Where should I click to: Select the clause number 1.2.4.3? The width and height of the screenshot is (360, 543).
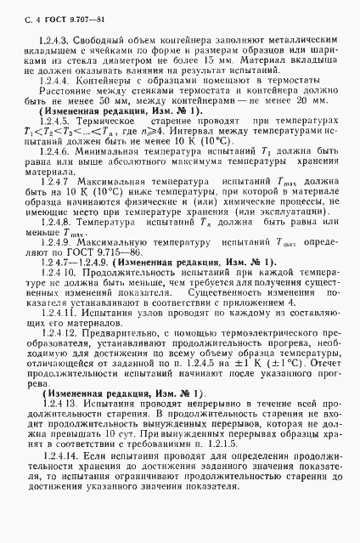click(x=53, y=40)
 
